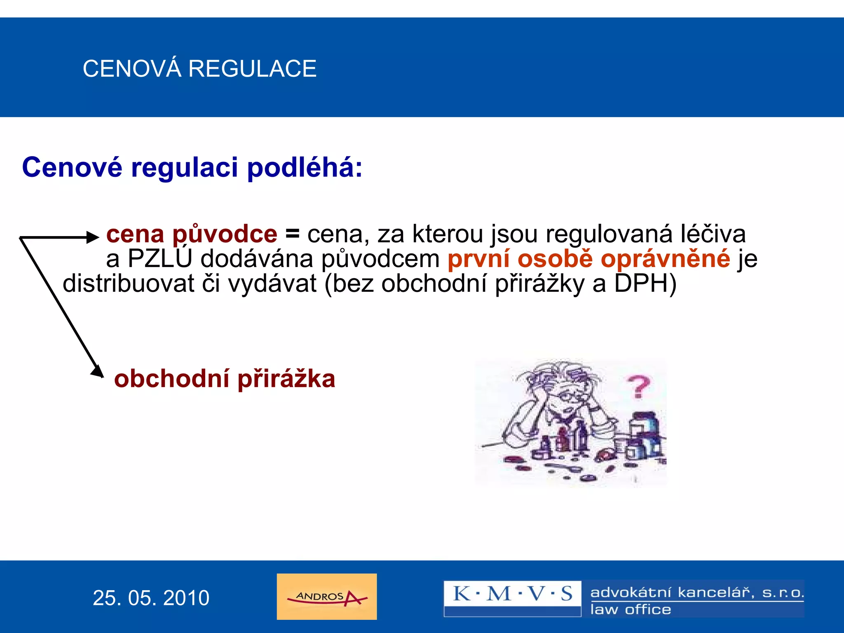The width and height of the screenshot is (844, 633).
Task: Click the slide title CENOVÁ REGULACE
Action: pyautogui.click(x=199, y=68)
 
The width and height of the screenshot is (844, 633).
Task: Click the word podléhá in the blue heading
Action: pyautogui.click(x=305, y=168)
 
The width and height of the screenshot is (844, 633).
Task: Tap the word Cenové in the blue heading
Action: pyautogui.click(x=72, y=168)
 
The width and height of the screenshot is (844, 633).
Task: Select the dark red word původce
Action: pyautogui.click(x=225, y=234)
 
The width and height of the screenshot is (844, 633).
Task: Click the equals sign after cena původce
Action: pyautogui.click(x=292, y=234)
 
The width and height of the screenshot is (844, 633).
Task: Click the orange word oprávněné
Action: pyautogui.click(x=665, y=259)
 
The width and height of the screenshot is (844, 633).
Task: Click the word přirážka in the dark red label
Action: pyautogui.click(x=286, y=379)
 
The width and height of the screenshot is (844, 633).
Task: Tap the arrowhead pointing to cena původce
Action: pyautogui.click(x=93, y=237)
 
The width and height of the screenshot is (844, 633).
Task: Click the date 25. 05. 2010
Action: pyautogui.click(x=151, y=598)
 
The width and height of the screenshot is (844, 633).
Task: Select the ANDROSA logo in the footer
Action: pyautogui.click(x=327, y=596)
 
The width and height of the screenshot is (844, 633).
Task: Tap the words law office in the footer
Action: pyautogui.click(x=631, y=610)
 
